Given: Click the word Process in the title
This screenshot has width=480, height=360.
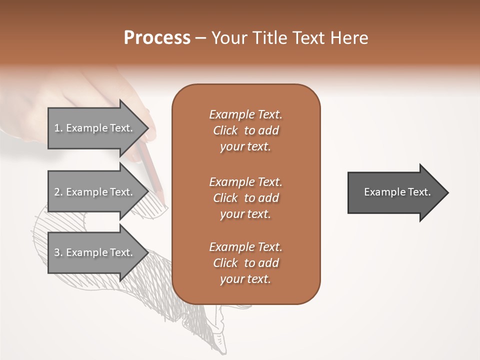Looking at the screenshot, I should point(157,38).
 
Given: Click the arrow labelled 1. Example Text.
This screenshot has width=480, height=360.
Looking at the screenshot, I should point(95,128).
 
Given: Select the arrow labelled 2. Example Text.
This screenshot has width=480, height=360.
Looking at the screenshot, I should point(95,192).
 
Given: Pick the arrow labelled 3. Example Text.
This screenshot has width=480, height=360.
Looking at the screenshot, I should point(95,252).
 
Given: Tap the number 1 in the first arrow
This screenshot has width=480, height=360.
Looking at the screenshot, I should point(57,128).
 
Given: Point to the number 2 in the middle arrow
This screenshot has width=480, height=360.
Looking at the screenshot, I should point(57,192).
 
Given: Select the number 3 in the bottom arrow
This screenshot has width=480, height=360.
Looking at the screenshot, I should point(57,252).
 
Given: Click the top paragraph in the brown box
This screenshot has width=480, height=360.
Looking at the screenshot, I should point(245,130).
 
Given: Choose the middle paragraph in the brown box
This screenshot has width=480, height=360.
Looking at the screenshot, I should point(245,197).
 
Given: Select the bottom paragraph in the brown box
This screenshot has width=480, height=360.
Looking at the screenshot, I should point(245,263).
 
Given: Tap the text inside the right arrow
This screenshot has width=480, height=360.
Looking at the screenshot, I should point(397,192).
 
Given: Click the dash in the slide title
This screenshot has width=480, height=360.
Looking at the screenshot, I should point(201,38).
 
